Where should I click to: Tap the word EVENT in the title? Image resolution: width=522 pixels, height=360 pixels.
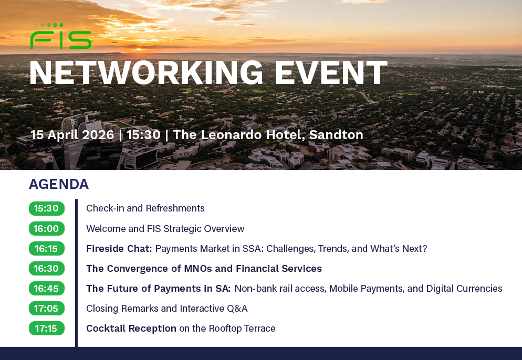(x=331, y=73)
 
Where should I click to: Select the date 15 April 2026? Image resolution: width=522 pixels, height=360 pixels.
(x=72, y=135)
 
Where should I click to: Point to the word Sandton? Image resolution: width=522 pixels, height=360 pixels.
(x=336, y=135)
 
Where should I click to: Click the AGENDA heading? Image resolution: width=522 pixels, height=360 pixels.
(x=59, y=184)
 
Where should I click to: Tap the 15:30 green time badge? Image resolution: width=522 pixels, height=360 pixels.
(x=47, y=208)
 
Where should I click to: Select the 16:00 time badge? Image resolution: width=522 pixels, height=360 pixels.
(x=47, y=229)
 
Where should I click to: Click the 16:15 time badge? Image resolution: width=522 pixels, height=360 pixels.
(x=47, y=249)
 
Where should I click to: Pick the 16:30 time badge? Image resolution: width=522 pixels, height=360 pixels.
(x=47, y=269)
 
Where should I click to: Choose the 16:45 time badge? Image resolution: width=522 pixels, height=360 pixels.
(x=47, y=289)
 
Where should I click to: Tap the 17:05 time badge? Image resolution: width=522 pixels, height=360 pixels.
(x=47, y=309)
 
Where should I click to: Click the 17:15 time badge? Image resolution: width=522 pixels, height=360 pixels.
(x=47, y=329)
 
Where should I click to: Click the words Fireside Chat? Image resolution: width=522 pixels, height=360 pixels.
(x=119, y=249)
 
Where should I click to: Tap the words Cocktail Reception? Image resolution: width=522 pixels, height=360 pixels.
(x=131, y=329)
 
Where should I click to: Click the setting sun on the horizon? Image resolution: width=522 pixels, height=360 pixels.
(x=139, y=49)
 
